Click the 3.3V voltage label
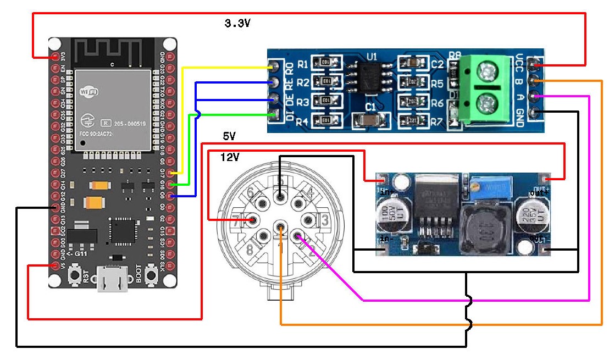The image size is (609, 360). [238, 24]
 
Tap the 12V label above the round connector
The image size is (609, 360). [230, 158]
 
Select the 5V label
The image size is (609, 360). [229, 136]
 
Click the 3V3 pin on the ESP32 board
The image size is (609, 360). [55, 57]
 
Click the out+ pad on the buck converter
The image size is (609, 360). [544, 179]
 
